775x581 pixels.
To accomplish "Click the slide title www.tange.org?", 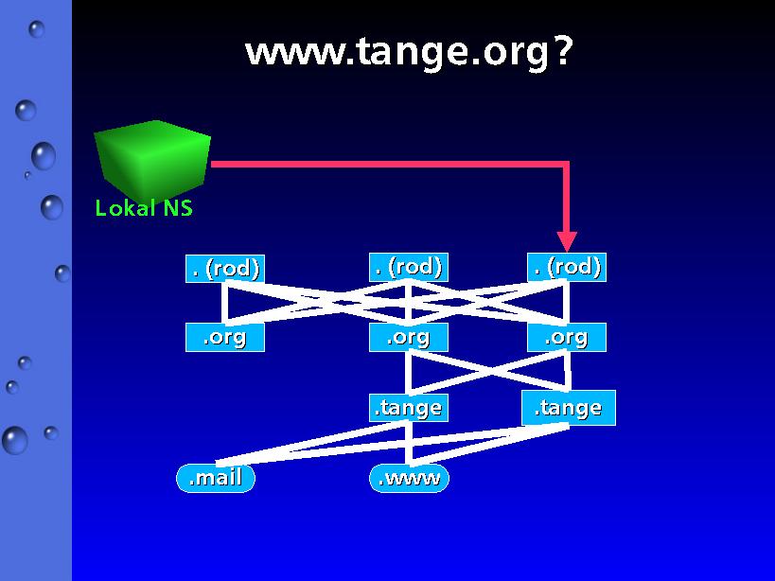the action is click(409, 52).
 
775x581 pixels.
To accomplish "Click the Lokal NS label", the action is click(143, 208).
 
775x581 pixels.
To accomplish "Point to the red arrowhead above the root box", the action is click(567, 241).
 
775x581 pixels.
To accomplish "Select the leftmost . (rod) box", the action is click(225, 269).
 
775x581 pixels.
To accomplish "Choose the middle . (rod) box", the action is click(409, 267).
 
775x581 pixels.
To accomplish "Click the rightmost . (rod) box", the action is click(567, 267).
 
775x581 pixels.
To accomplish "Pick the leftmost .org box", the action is click(225, 338).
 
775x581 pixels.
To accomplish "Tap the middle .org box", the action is click(409, 338).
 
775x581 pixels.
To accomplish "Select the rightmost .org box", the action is click(567, 338).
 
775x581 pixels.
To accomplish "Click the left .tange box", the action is click(409, 408).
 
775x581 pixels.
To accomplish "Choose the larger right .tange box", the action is click(569, 408).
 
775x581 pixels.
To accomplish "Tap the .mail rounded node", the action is click(216, 478).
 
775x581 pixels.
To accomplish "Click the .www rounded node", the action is click(409, 478).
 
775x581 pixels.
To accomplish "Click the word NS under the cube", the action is click(178, 208).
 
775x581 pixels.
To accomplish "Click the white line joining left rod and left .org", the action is click(225, 303).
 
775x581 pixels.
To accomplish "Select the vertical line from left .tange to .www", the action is click(409, 443).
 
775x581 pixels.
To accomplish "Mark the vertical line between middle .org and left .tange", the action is click(409, 373).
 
